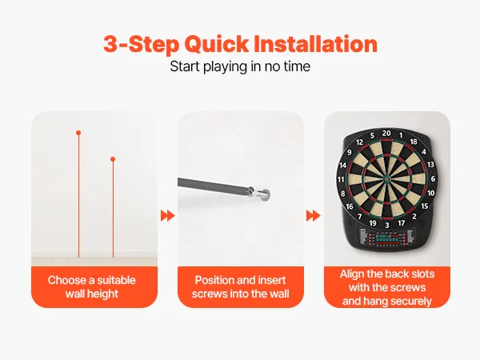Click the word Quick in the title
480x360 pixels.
pyautogui.click(x=217, y=45)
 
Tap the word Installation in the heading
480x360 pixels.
pyautogui.click(x=316, y=44)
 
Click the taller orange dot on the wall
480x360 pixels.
pyautogui.click(x=78, y=133)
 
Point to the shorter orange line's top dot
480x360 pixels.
pyautogui.click(x=113, y=159)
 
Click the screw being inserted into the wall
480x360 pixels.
pyautogui.click(x=262, y=194)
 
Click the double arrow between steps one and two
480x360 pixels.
pyautogui.click(x=167, y=215)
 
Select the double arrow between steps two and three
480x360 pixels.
pyautogui.click(x=313, y=215)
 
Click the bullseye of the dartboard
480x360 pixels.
pyautogui.click(x=387, y=178)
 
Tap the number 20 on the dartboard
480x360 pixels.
pyautogui.click(x=386, y=133)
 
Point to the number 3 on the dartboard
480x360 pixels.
pyautogui.click(x=387, y=226)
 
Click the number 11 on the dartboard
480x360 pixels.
pyautogui.click(x=341, y=179)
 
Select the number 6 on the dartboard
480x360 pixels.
pyautogui.click(x=433, y=178)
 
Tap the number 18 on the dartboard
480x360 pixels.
pyautogui.click(x=414, y=142)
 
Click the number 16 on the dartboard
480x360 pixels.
pyautogui.click(x=350, y=206)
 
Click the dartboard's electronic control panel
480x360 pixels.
pyautogui.click(x=387, y=238)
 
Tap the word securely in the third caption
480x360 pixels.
pyautogui.click(x=411, y=302)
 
